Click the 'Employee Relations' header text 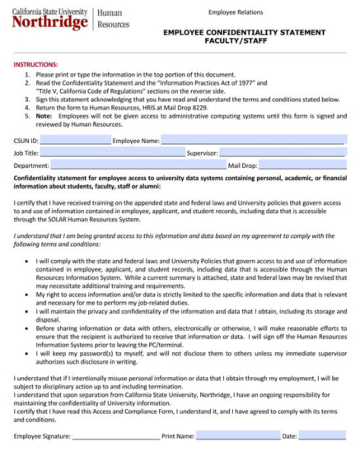coord(235,12)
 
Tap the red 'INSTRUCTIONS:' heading coord(35,63)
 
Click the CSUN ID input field coord(74,141)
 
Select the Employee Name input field coord(251,141)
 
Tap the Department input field coord(137,165)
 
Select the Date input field coord(320,436)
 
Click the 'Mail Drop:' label coord(243,165)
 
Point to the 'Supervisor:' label coord(202,153)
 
